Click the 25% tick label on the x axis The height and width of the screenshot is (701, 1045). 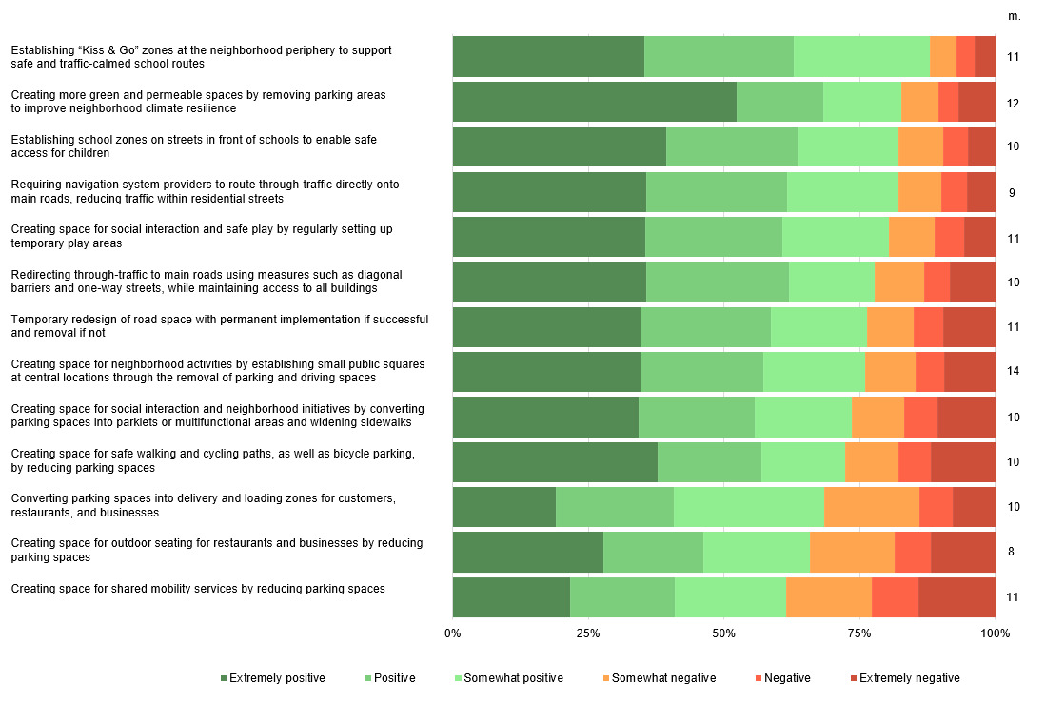point(588,633)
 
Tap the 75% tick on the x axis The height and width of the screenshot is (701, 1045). point(859,633)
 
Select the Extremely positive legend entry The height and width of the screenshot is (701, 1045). point(272,678)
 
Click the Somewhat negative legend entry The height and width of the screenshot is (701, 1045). point(660,678)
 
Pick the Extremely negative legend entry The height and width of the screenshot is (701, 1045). point(905,678)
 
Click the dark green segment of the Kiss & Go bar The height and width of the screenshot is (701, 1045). point(548,57)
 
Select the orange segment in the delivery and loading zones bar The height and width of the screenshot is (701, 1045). point(872,507)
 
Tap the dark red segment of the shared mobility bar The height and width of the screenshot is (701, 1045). point(957,597)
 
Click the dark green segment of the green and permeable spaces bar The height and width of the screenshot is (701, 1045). point(595,102)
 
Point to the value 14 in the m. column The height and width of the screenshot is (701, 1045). point(1013,371)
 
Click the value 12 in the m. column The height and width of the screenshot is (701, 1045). point(1013,104)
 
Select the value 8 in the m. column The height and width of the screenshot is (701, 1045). point(1011,552)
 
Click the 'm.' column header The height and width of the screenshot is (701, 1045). point(1015,17)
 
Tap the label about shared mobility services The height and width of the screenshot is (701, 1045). point(198,589)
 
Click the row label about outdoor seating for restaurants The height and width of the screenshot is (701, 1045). point(217,551)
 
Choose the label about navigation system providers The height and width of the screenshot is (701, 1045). point(206,192)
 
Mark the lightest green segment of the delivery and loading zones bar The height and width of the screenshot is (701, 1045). point(749,507)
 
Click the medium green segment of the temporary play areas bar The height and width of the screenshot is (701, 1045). point(714,237)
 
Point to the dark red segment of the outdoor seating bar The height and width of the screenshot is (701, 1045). point(963,552)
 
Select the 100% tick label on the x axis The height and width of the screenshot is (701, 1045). point(995,633)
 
